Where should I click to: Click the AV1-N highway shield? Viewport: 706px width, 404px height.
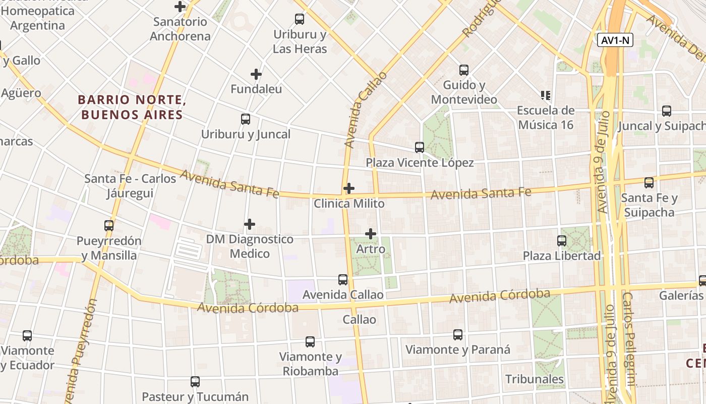click(615, 40)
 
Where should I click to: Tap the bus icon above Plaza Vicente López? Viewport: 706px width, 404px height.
click(419, 147)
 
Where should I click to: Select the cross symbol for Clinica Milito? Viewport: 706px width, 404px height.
click(348, 189)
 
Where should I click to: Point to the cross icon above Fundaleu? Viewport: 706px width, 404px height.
click(256, 75)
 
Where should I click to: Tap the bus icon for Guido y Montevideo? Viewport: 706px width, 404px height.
click(463, 70)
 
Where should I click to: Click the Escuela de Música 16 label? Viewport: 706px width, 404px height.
click(546, 117)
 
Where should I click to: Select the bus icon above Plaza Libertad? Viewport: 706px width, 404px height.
click(562, 241)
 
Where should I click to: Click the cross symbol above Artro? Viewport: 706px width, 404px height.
click(371, 234)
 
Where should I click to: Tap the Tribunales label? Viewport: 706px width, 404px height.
click(535, 379)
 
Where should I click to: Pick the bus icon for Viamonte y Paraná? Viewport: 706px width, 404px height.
click(457, 334)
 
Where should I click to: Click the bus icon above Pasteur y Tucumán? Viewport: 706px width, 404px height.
click(195, 382)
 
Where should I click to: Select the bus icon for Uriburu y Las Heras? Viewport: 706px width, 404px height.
click(300, 20)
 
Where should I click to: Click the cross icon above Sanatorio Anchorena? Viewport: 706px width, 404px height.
click(180, 7)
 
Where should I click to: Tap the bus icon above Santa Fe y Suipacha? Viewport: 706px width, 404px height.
click(649, 183)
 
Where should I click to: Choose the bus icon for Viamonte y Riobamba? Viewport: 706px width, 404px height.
click(310, 342)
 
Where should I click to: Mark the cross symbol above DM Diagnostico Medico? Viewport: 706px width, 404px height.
click(250, 224)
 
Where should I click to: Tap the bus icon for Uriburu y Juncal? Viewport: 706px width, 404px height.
click(246, 119)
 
